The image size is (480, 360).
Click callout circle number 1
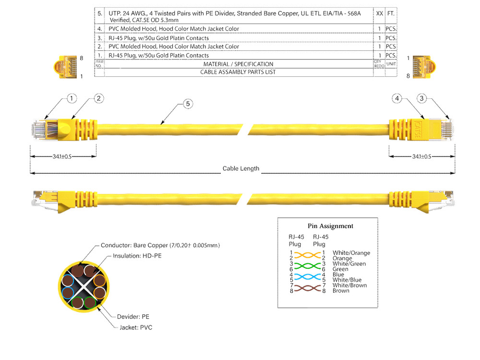(72, 98)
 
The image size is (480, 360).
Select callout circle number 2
(98, 98)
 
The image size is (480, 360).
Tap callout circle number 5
(188, 104)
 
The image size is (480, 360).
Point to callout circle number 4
(397, 98)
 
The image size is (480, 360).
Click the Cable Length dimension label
(240, 168)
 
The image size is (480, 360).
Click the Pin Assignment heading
(330, 226)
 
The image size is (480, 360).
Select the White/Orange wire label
(351, 253)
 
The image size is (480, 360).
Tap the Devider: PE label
(133, 317)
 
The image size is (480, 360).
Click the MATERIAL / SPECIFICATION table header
(238, 64)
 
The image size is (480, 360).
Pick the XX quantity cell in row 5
(379, 14)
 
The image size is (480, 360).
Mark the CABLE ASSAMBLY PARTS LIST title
(238, 72)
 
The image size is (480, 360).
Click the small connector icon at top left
(66, 66)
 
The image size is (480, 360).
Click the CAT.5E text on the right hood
(417, 129)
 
